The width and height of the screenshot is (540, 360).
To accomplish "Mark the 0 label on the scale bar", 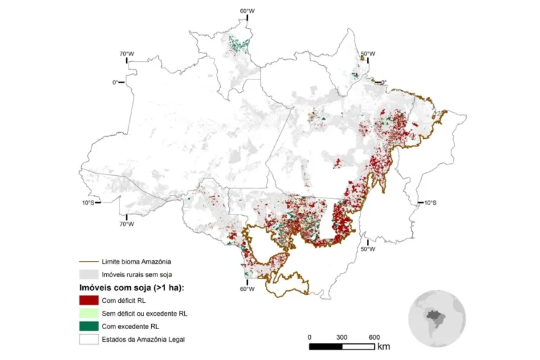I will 309,336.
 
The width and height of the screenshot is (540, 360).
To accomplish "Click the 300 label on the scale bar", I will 342,336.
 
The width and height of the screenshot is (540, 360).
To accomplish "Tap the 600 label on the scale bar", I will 375,336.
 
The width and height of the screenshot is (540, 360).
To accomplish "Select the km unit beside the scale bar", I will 384,346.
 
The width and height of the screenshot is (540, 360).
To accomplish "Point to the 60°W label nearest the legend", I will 247,289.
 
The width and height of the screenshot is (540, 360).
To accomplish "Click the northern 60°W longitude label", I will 247,11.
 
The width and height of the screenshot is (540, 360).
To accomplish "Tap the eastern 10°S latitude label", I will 430,202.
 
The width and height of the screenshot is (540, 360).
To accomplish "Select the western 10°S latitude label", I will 86,202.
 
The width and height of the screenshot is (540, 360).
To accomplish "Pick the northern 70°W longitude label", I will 127,53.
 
